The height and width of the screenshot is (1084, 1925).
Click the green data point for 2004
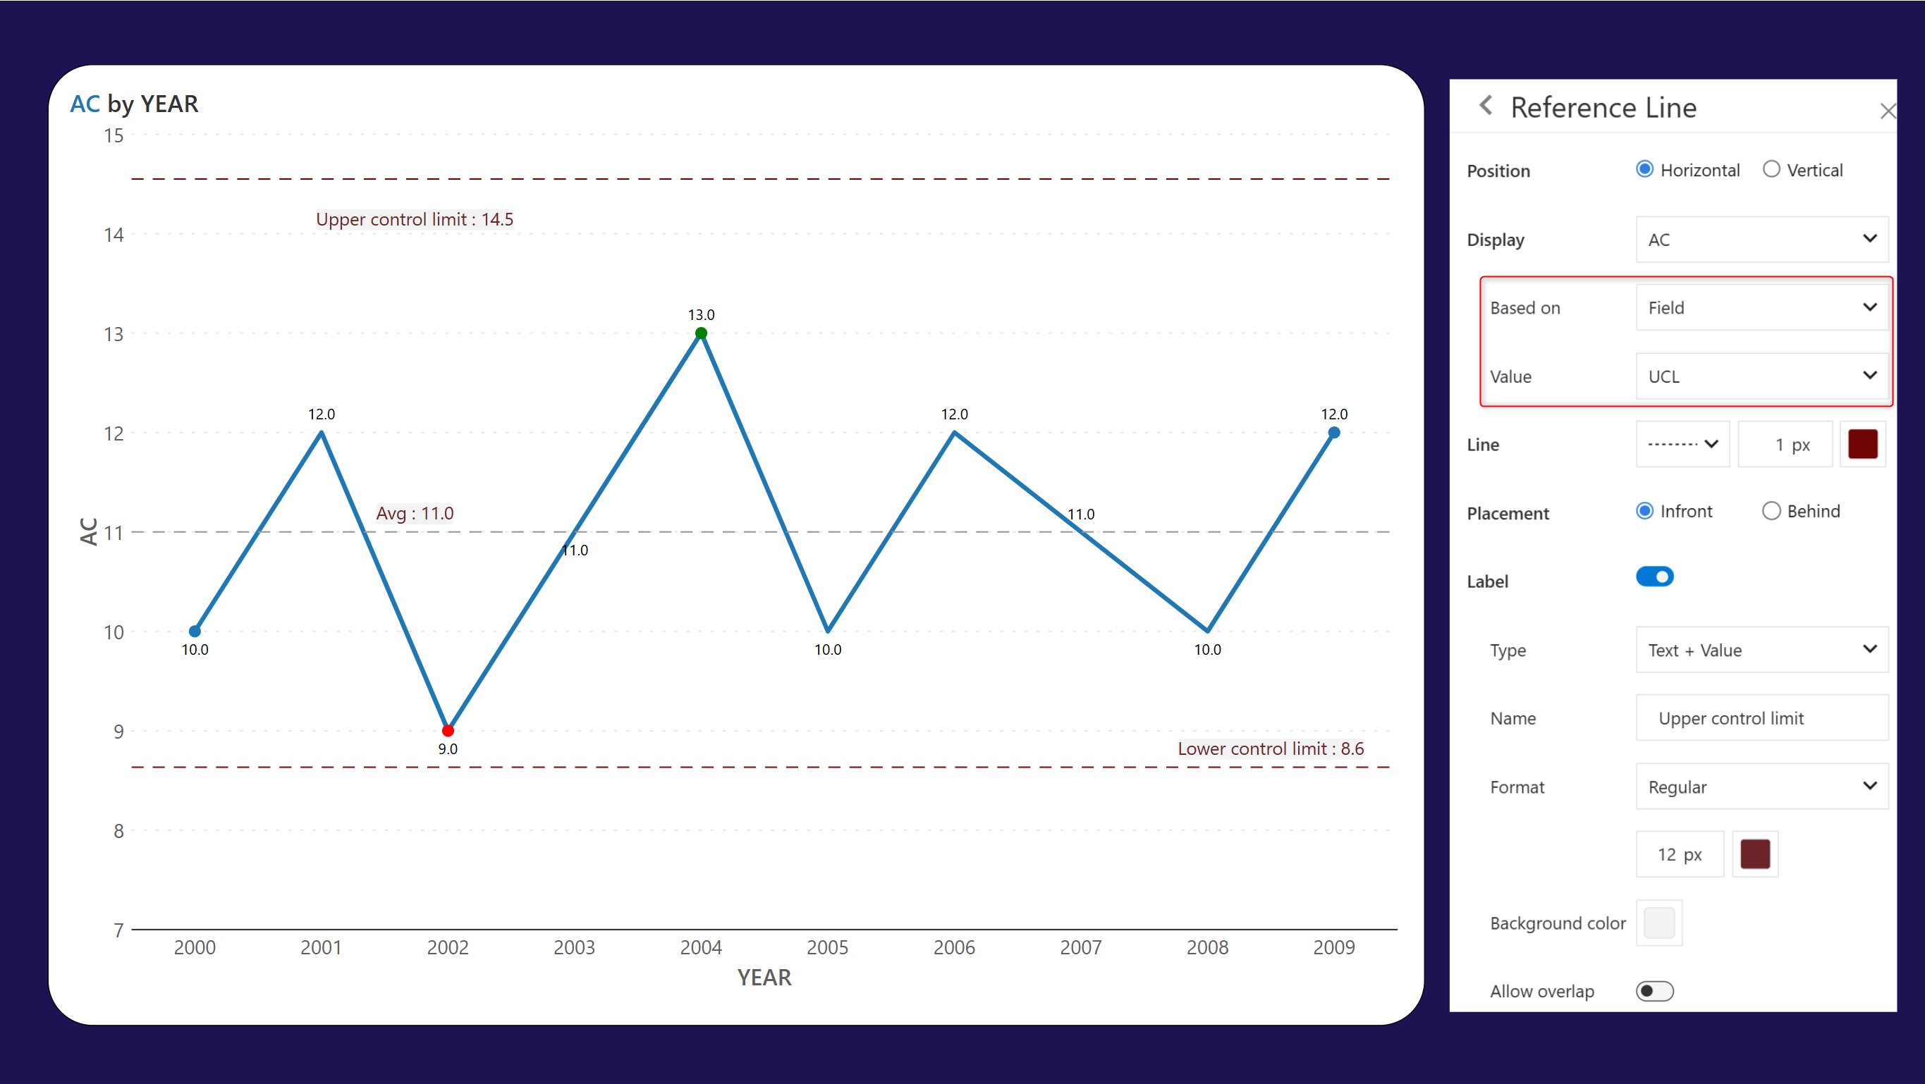click(701, 333)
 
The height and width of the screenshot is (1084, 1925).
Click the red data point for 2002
click(448, 731)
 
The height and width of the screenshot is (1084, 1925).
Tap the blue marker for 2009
click(1334, 433)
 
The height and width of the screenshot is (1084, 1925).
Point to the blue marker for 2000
click(195, 632)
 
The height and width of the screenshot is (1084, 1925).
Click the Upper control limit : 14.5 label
click(414, 220)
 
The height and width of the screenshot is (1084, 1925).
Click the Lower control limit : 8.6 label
click(1270, 749)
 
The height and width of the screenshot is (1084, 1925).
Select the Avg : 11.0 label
click(414, 513)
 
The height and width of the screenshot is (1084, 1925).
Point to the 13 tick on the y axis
click(114, 334)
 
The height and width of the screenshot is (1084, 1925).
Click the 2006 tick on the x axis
click(953, 947)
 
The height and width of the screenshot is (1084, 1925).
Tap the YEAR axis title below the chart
click(764, 977)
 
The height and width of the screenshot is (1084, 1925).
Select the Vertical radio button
click(1771, 170)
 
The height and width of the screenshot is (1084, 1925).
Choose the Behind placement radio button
click(1771, 511)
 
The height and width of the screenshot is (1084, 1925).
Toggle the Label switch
click(1654, 577)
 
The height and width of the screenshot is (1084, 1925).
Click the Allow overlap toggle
click(1654, 992)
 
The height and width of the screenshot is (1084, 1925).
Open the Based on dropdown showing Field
click(1761, 308)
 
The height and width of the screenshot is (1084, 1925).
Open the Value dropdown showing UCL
click(1761, 376)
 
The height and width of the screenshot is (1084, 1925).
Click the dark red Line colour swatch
click(1862, 445)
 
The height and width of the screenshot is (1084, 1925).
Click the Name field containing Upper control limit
click(1761, 718)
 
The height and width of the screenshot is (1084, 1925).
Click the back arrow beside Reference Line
click(1486, 106)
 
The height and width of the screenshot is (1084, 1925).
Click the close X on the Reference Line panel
click(1888, 111)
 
